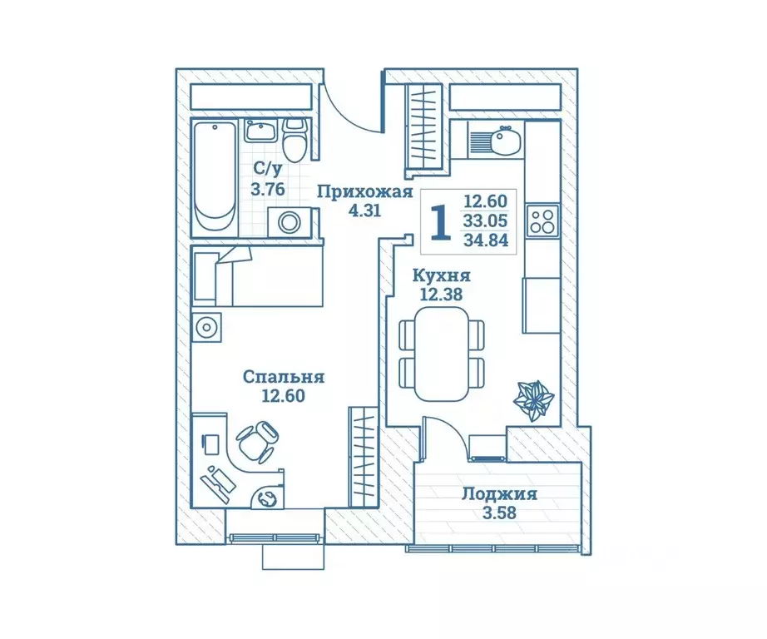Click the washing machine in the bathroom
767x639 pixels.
pyautogui.click(x=289, y=222)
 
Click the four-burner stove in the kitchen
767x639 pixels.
pyautogui.click(x=542, y=220)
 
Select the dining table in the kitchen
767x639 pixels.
pyautogui.click(x=442, y=354)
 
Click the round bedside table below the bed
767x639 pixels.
pyautogui.click(x=206, y=326)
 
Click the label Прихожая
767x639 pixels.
pyautogui.click(x=366, y=193)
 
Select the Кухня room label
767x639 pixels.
pyautogui.click(x=443, y=275)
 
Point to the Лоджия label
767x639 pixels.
pyautogui.click(x=499, y=493)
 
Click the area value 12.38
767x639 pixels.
pyautogui.click(x=442, y=293)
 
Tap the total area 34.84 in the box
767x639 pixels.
pyautogui.click(x=486, y=241)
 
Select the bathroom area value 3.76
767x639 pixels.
pyautogui.click(x=269, y=189)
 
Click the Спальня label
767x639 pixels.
pyautogui.click(x=284, y=377)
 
